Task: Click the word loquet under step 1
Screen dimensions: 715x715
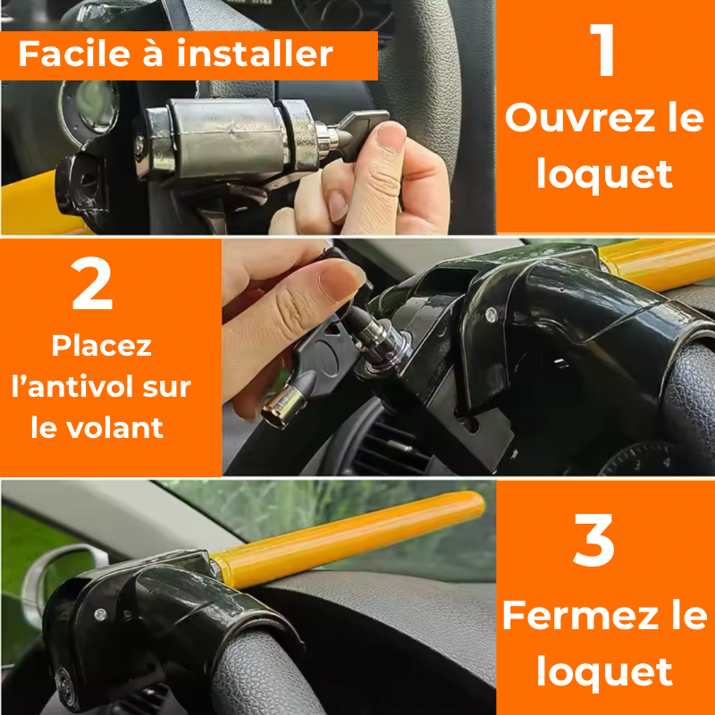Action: tap(604, 173)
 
